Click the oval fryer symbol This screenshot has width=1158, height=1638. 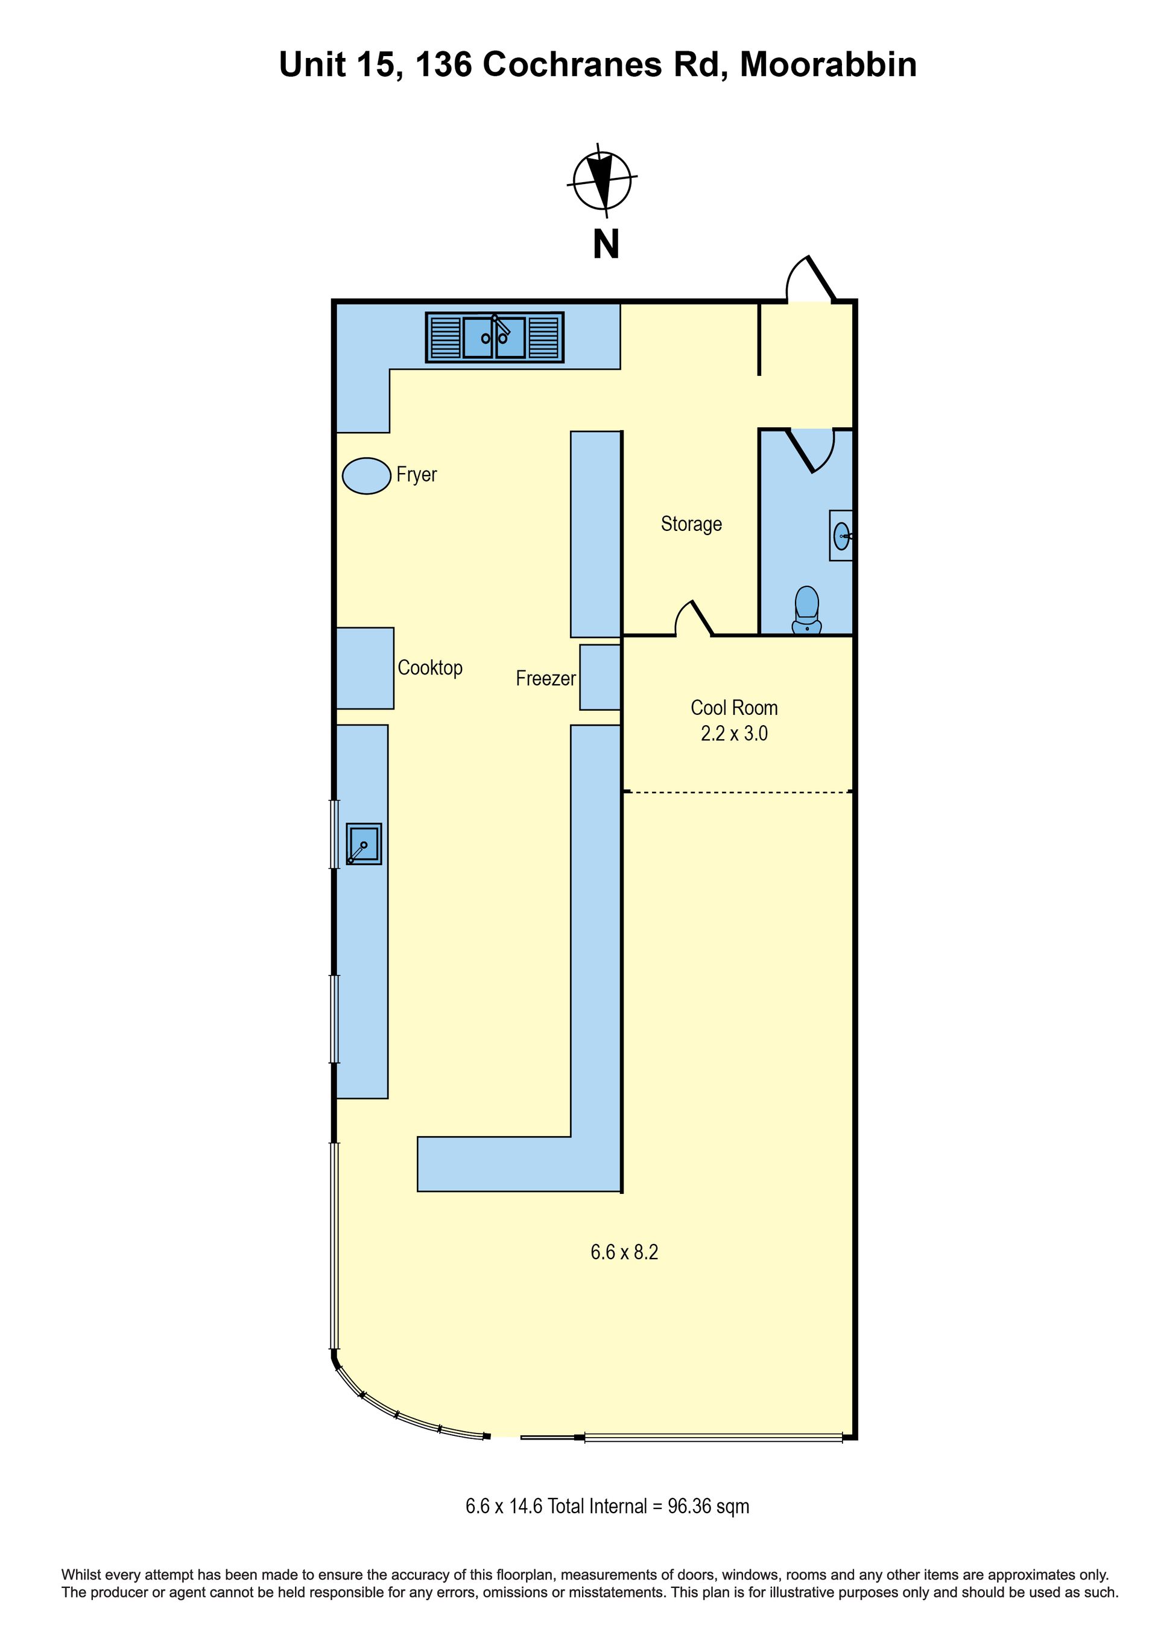coord(367,476)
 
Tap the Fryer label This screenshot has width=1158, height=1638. coord(416,474)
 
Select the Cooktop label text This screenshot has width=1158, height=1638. coord(430,668)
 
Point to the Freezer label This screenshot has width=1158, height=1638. coord(545,678)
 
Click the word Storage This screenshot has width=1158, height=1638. coord(691,524)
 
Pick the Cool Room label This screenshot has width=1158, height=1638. coord(734,708)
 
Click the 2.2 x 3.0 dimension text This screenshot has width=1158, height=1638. coord(734,734)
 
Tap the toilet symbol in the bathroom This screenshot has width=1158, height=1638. coord(807,611)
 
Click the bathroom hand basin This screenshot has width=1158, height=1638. coord(841,535)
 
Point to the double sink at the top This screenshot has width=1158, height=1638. coord(494,337)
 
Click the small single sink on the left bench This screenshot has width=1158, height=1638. coord(364,844)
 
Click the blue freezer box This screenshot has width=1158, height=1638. coord(600,677)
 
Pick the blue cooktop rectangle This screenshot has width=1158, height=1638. coord(364,668)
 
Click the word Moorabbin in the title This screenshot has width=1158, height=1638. coord(828,65)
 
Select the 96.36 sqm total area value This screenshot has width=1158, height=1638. coord(708,1506)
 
